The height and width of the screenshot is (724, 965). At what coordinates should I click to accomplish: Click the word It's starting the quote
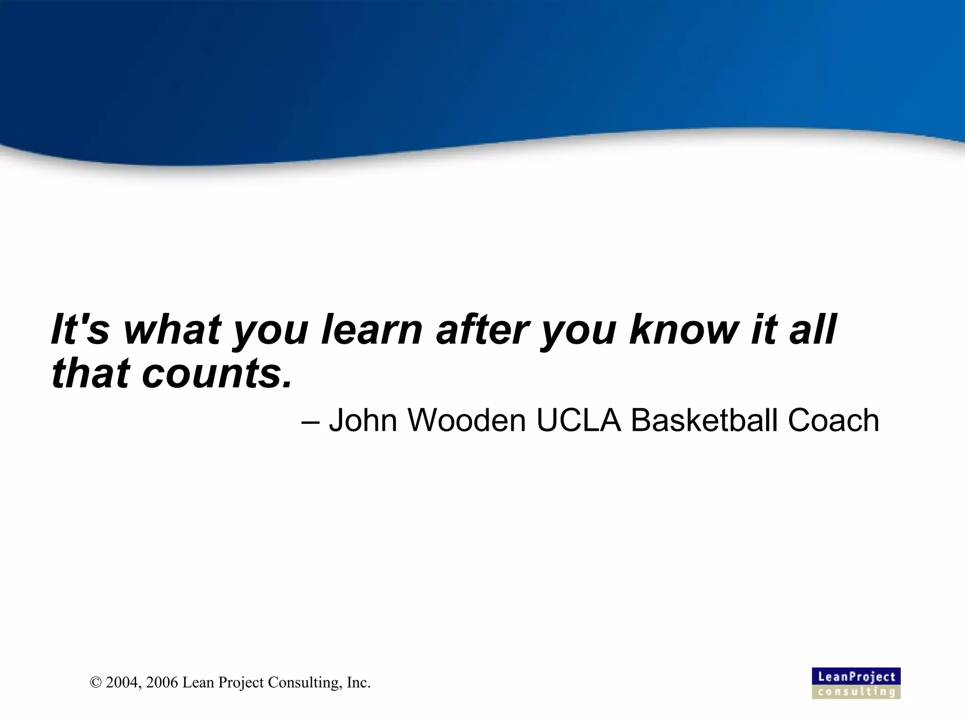click(80, 329)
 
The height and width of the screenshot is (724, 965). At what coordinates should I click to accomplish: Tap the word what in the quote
click(172, 329)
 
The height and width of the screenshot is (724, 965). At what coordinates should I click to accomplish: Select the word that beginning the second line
click(90, 374)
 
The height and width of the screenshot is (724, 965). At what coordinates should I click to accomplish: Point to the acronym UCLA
click(579, 420)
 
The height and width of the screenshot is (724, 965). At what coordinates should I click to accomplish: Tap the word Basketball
click(704, 420)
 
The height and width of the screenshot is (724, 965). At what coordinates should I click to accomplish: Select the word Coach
click(833, 420)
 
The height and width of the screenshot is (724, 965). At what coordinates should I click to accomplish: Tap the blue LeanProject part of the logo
click(856, 676)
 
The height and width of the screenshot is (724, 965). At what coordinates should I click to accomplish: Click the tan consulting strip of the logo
click(856, 692)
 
